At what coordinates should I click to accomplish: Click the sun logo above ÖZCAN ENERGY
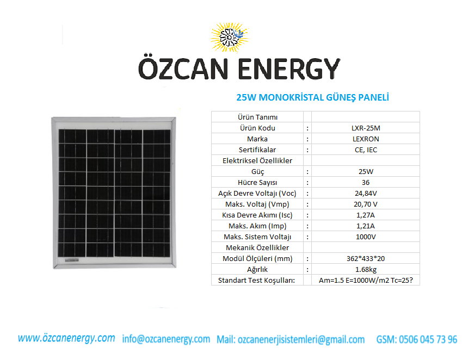tap(229, 38)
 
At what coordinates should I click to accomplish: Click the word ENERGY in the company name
tap(289, 69)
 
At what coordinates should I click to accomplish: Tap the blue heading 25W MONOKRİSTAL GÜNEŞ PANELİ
tap(312, 97)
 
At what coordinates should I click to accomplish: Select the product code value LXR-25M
tap(366, 128)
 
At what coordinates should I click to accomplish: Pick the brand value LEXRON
tap(366, 139)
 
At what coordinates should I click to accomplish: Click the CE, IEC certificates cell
tap(366, 150)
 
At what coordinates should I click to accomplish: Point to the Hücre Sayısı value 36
tap(366, 183)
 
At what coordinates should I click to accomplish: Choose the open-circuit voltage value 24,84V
tap(366, 193)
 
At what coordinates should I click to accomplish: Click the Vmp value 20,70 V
tap(366, 204)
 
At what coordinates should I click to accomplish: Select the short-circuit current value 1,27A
tap(366, 215)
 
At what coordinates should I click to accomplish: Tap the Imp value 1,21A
tap(366, 226)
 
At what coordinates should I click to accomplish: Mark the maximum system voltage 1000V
tap(366, 237)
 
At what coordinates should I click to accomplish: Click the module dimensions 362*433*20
tap(366, 259)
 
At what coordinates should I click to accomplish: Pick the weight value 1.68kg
tap(366, 270)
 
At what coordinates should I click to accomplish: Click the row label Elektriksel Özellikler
tap(257, 161)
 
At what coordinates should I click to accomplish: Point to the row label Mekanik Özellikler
tap(257, 248)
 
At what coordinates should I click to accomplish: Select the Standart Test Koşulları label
tap(256, 281)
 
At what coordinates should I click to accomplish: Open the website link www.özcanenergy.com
tap(66, 338)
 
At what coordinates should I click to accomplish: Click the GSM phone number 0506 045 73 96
tap(428, 339)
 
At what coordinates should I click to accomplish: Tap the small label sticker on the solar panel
tap(72, 260)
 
